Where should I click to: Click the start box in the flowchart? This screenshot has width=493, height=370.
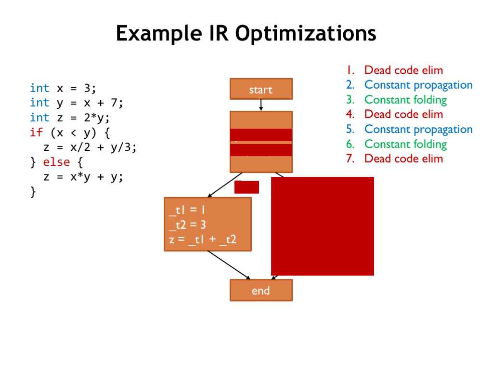coord(261,90)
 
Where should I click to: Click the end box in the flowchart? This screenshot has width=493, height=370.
coord(261,291)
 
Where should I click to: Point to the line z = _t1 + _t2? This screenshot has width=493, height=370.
coord(203,239)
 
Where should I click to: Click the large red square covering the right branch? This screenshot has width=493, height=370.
coord(323,226)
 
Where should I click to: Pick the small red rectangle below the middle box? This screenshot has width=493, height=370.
coord(246,187)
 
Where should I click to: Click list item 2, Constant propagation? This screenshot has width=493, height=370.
coord(418,85)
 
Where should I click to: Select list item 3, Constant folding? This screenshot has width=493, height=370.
coord(405,100)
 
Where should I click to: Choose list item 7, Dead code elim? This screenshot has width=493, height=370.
coord(403,159)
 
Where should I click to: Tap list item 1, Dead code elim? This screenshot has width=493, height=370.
coord(403,70)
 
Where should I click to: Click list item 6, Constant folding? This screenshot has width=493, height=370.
coord(405,144)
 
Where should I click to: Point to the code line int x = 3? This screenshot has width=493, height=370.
coord(63,88)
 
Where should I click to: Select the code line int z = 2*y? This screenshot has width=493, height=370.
coord(70,118)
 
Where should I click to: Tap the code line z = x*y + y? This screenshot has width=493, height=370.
coord(83,177)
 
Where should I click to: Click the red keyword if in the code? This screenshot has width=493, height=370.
coord(36,132)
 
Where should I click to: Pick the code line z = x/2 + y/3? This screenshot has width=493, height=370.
coord(90,147)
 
